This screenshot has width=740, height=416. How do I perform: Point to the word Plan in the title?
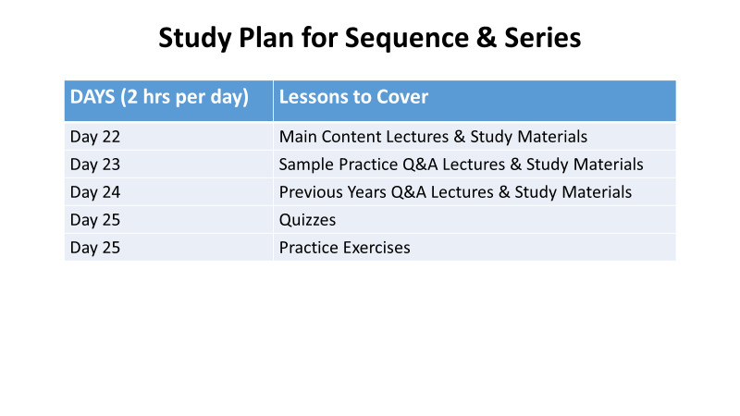(x=265, y=37)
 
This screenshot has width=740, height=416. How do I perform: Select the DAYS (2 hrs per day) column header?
(x=159, y=97)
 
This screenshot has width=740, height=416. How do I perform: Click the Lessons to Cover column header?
(x=353, y=97)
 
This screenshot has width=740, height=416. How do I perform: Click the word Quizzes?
(x=307, y=220)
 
